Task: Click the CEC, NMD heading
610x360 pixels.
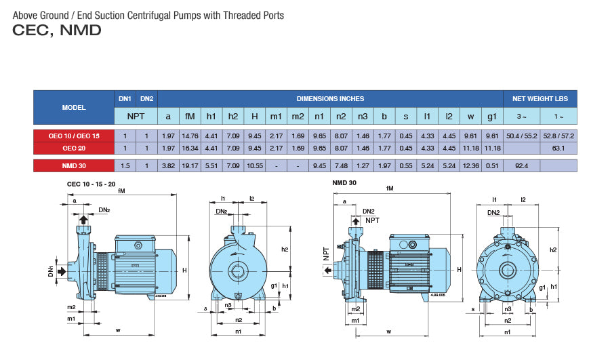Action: coord(57,31)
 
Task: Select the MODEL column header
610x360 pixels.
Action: coord(73,108)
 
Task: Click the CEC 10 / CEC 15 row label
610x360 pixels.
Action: coord(73,136)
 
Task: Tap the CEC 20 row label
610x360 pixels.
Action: coord(73,147)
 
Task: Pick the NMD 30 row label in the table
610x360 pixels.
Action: coord(73,165)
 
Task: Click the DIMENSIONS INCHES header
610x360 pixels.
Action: coord(329,99)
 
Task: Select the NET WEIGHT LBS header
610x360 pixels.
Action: coord(540,99)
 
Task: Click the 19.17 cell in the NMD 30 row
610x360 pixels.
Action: coord(190,165)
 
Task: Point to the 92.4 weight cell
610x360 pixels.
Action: coord(522,165)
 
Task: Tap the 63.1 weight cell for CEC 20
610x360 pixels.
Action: coord(559,147)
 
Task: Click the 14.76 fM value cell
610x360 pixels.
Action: coord(190,136)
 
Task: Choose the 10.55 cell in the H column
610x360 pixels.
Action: coord(254,165)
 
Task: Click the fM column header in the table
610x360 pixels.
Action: coord(190,117)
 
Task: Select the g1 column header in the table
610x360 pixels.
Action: coord(491,117)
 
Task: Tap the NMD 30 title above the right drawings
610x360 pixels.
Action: coord(344,183)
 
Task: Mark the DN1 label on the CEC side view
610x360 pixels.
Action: coord(51,272)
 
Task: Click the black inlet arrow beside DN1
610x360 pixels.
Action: coord(62,272)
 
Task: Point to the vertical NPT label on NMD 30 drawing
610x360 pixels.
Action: coord(326,254)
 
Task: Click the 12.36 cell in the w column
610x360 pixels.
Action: coord(470,165)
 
